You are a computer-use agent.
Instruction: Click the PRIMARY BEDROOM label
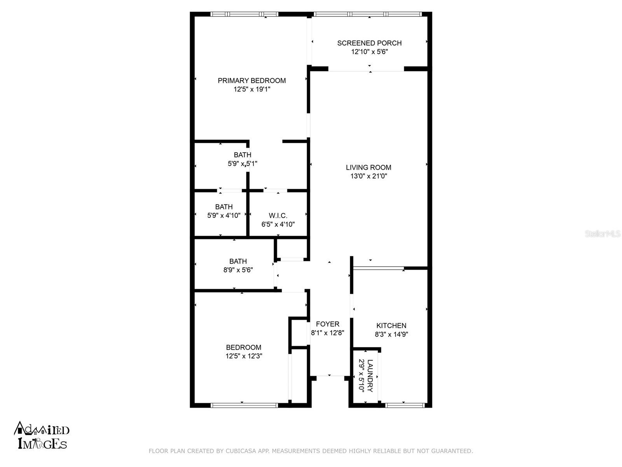(252, 81)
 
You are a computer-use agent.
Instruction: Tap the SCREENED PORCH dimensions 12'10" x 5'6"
(369, 52)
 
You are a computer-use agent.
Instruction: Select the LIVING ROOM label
(369, 167)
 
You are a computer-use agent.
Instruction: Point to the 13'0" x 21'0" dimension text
(369, 176)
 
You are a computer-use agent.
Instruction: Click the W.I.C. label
(278, 216)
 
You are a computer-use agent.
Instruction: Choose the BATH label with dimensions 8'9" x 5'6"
(238, 261)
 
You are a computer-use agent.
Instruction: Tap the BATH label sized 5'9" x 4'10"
(224, 207)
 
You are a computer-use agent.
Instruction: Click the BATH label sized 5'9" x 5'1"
(242, 155)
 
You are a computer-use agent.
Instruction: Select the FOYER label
(327, 324)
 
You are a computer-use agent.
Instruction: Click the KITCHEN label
(391, 325)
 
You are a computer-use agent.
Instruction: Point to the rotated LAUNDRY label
(370, 376)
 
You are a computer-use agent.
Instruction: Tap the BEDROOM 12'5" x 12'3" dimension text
(244, 356)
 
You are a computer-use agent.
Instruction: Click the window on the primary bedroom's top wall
(244, 14)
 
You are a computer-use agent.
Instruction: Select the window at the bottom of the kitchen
(405, 405)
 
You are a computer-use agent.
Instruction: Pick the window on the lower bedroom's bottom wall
(244, 405)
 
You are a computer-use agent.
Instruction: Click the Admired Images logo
(42, 435)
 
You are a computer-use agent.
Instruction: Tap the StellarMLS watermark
(603, 234)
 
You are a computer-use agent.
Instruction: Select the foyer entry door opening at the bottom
(330, 376)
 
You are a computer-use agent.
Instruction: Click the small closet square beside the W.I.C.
(292, 248)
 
